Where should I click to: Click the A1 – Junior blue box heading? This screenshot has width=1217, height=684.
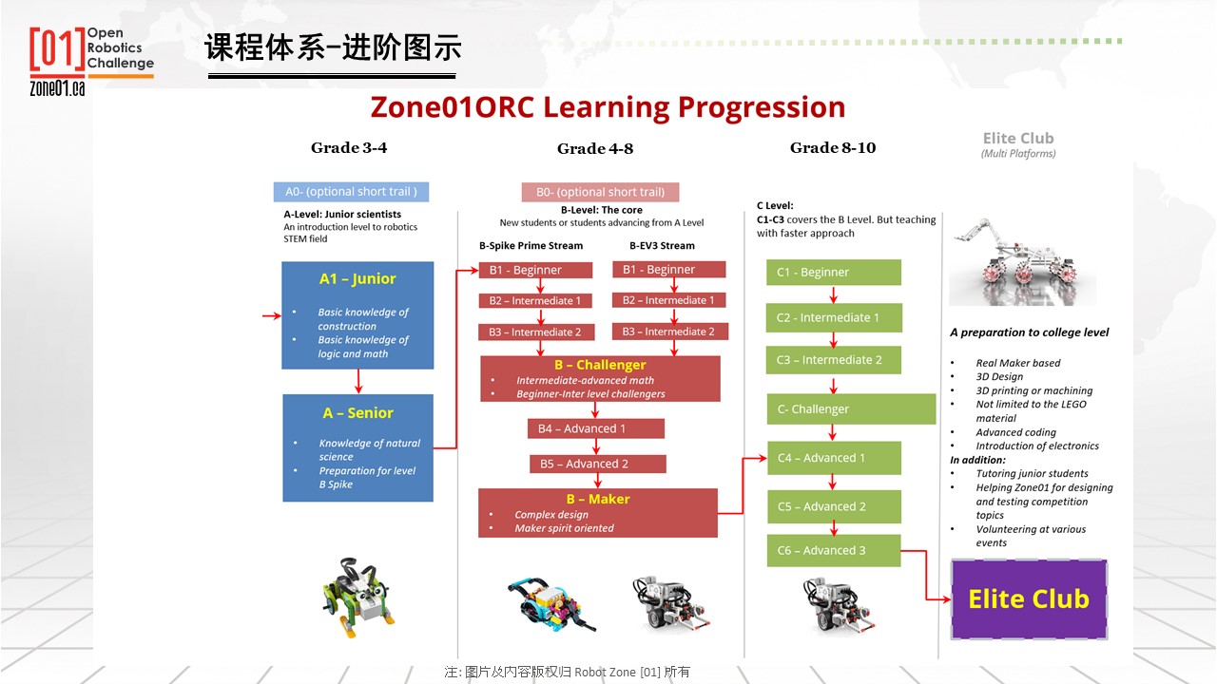(x=357, y=278)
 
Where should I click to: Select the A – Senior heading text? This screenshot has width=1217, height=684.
(x=358, y=413)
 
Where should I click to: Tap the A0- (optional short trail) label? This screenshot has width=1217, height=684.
(x=351, y=192)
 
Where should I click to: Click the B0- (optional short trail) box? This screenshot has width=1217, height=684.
(x=600, y=192)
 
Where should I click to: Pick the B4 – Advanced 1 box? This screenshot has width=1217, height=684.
(x=596, y=428)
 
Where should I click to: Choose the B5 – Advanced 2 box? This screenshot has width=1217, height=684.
(x=598, y=464)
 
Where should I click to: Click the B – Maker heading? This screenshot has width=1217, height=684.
(x=598, y=499)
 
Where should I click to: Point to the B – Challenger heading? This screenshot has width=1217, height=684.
(x=600, y=365)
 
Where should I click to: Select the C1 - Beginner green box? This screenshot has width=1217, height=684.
(x=834, y=272)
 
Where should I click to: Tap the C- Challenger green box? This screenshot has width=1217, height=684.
(x=851, y=408)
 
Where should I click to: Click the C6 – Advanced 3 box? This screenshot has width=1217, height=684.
(x=834, y=550)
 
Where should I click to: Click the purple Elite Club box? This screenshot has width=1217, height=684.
(x=1029, y=599)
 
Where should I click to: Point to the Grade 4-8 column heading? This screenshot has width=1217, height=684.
(x=595, y=148)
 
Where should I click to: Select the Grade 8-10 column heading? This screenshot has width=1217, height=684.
(x=833, y=147)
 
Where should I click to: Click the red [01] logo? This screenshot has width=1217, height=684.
(x=58, y=48)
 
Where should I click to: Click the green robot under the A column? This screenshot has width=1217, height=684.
(x=357, y=596)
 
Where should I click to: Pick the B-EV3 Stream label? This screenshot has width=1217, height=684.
(x=662, y=245)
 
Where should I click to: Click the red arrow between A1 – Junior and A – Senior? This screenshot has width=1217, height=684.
(x=358, y=381)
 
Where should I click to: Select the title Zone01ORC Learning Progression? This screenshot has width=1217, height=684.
(x=608, y=107)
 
